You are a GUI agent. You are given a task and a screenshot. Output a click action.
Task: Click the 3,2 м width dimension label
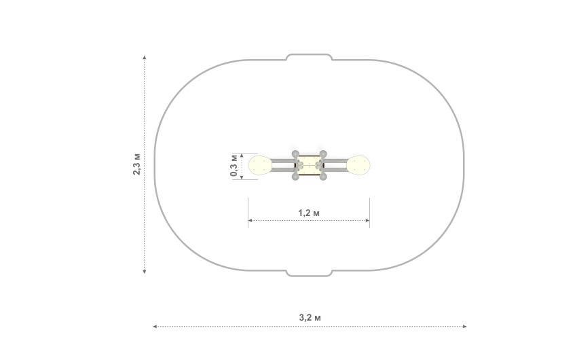(x=310, y=317)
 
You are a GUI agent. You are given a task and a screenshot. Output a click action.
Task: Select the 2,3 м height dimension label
(x=136, y=164)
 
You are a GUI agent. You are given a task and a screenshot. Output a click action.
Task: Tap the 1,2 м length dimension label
(x=309, y=213)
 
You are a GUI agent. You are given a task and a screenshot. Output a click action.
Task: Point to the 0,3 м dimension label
(x=234, y=165)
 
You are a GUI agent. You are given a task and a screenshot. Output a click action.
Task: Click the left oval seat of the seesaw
(x=260, y=165)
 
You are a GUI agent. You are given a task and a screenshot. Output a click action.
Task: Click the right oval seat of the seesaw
(x=358, y=165)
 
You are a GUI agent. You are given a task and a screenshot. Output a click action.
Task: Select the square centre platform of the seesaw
(x=309, y=165)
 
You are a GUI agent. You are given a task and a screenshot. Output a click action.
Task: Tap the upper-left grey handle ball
(x=295, y=154)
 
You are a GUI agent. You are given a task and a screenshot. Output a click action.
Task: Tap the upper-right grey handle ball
(x=323, y=154)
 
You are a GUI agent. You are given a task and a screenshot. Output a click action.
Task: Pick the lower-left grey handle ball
(x=295, y=177)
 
